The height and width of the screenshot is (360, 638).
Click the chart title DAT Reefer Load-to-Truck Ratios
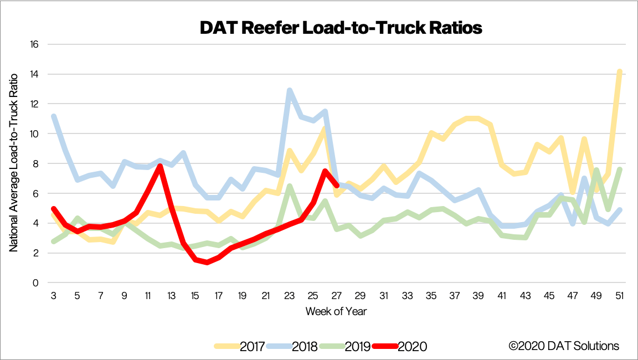[341, 28]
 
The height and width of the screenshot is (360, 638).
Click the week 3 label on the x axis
[53, 296]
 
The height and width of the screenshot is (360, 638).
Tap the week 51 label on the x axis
[620, 296]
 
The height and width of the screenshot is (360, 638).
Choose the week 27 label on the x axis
[336, 296]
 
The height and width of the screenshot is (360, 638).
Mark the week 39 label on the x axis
[478, 296]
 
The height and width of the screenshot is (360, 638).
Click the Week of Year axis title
[336, 311]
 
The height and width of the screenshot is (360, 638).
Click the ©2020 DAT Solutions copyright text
[564, 346]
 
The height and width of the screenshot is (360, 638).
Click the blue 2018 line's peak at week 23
[289, 90]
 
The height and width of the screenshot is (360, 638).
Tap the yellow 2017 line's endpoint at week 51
[620, 71]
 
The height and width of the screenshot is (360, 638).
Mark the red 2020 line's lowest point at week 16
[207, 262]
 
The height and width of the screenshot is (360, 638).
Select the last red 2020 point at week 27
[337, 186]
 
